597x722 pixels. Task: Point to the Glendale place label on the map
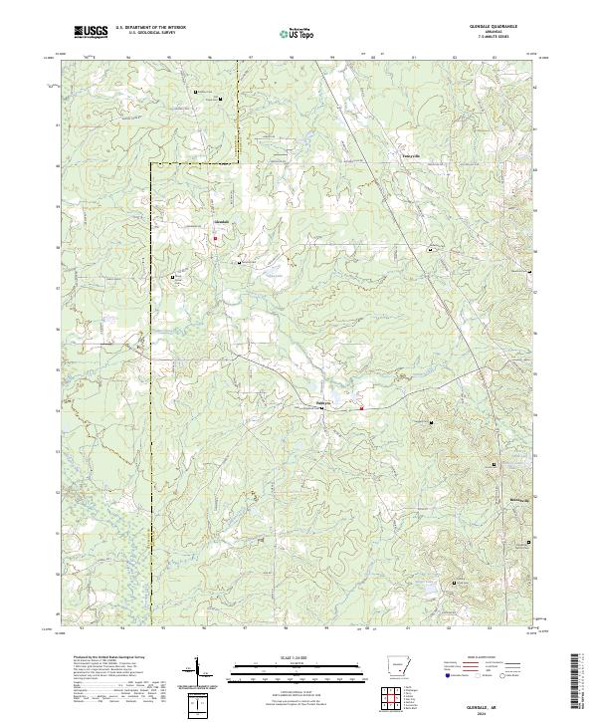pos(222,220)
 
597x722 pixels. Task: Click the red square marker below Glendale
pos(215,238)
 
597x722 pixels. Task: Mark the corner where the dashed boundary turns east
pos(151,160)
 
